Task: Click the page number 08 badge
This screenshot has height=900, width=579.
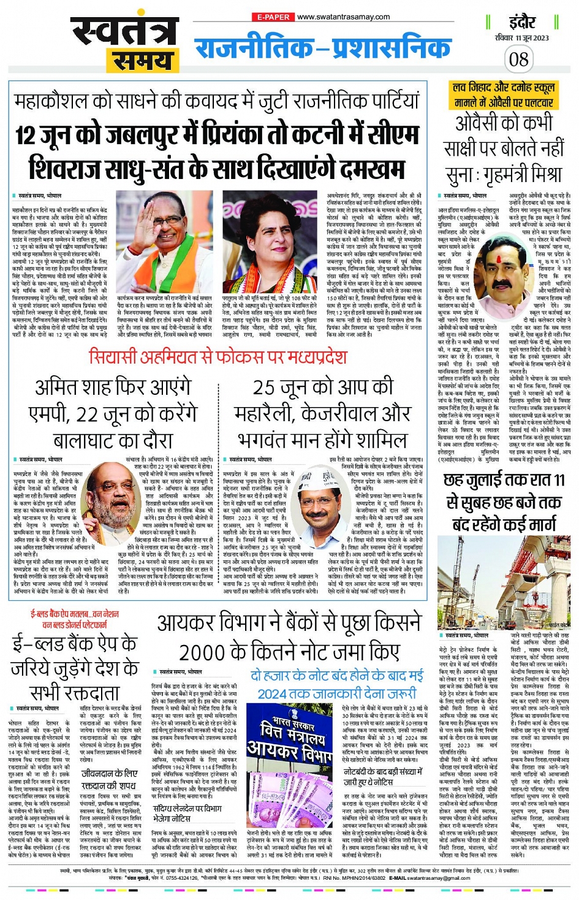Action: tap(518, 59)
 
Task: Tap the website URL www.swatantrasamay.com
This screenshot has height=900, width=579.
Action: tap(343, 17)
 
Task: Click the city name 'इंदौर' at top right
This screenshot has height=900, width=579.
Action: tap(522, 23)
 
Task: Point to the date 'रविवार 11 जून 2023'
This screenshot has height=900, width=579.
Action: tap(522, 38)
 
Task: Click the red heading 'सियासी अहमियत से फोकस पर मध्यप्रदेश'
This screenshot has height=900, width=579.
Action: tap(218, 356)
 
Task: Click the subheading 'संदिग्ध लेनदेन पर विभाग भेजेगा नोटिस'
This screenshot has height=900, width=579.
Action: tap(187, 814)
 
